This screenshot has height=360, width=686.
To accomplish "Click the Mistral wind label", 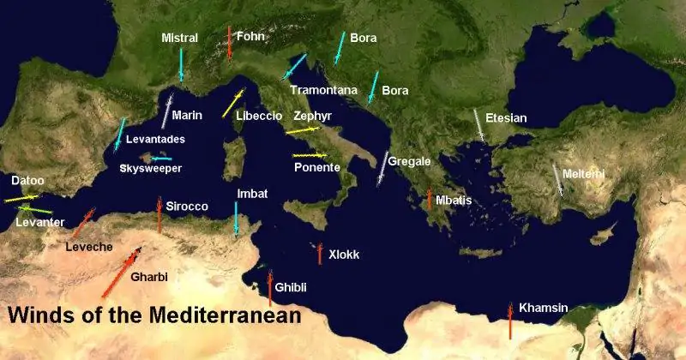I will (x=179, y=38).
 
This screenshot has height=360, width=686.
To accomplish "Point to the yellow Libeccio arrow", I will (x=232, y=103).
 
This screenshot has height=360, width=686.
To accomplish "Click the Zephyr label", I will (x=312, y=115).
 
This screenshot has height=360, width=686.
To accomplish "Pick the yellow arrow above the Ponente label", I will (x=310, y=155).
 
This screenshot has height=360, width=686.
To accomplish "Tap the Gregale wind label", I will (x=409, y=161).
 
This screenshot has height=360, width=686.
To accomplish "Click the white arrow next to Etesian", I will (x=478, y=125).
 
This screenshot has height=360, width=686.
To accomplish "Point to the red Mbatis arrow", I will (x=430, y=200).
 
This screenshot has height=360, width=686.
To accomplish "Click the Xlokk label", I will (x=344, y=254).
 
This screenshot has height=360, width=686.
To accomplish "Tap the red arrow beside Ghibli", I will (x=269, y=288).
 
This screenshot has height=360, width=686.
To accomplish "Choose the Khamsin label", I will (x=544, y=308).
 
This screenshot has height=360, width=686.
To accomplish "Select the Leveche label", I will (x=88, y=247).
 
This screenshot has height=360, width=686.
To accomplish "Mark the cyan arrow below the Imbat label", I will (x=237, y=219).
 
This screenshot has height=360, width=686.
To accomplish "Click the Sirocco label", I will (x=187, y=207).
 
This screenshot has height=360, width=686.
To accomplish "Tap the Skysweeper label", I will (x=150, y=169).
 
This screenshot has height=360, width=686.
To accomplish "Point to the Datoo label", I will (x=27, y=181).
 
